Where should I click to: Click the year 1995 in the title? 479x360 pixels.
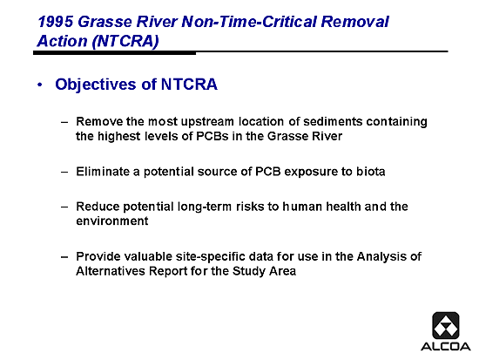point(55,22)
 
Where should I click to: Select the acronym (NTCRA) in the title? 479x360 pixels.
point(125,41)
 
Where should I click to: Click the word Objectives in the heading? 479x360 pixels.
point(96,85)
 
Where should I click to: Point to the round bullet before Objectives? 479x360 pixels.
point(40,85)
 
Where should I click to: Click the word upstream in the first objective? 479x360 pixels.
point(207,122)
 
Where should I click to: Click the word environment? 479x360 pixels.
point(112,221)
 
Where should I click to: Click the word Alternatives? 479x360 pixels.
point(111,271)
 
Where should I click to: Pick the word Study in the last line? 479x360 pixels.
point(249,271)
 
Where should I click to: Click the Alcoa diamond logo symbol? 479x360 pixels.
point(446,325)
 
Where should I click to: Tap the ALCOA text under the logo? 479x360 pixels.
point(446,347)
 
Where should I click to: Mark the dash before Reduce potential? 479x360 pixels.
point(64,207)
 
